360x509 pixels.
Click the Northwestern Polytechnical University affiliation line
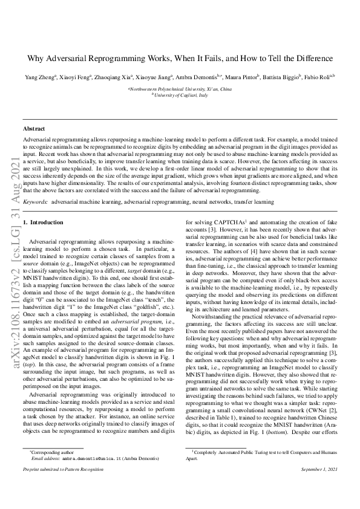[180, 89]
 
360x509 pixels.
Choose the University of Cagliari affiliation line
[180, 95]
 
